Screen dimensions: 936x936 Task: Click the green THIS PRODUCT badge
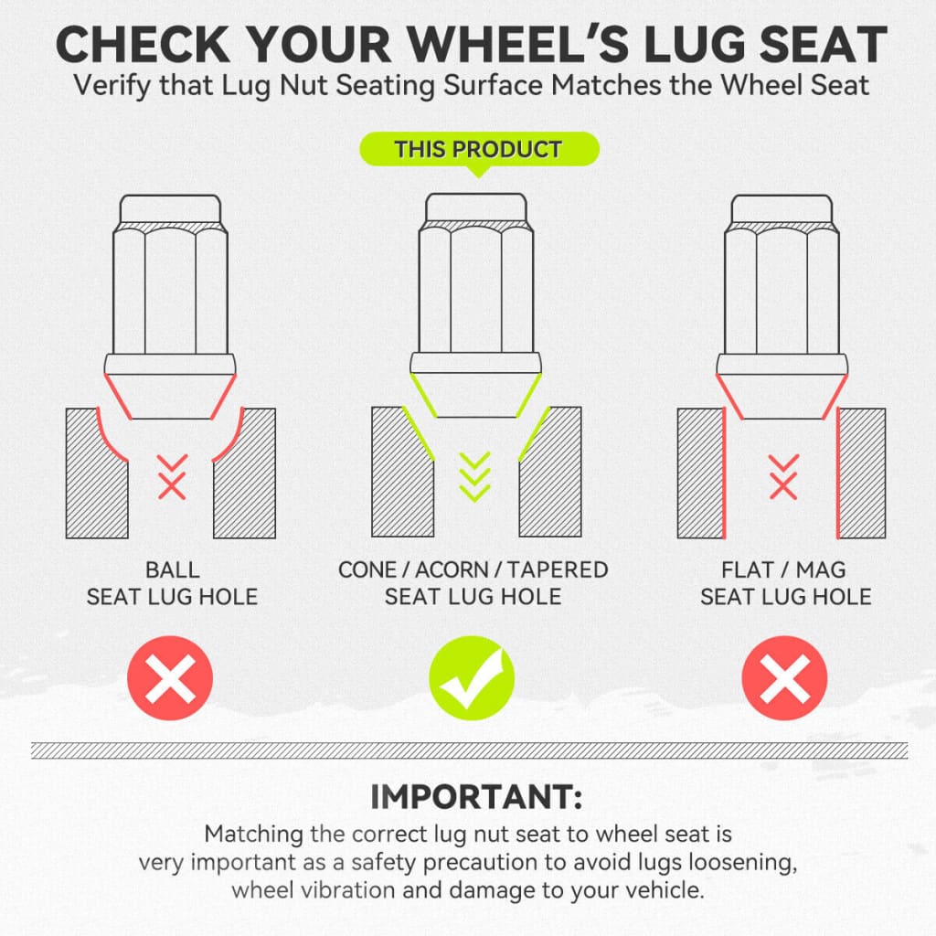(x=479, y=149)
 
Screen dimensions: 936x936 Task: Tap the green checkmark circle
(x=472, y=678)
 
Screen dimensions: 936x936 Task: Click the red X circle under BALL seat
(x=170, y=678)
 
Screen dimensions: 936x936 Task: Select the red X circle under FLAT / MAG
(x=784, y=678)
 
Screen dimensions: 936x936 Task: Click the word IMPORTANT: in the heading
(x=476, y=797)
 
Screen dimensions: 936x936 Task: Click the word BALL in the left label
(x=173, y=570)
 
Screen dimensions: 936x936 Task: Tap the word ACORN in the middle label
(x=451, y=570)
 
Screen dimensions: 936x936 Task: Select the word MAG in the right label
(x=821, y=570)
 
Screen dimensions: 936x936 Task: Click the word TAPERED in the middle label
(x=558, y=570)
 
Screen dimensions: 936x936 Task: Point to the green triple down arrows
(x=475, y=476)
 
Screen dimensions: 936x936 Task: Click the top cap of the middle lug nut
(x=476, y=208)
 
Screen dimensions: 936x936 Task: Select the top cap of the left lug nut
(x=171, y=209)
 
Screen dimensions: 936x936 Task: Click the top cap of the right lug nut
(x=782, y=209)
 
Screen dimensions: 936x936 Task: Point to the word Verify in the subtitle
(x=112, y=86)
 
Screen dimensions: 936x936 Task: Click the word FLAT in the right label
(x=748, y=570)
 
